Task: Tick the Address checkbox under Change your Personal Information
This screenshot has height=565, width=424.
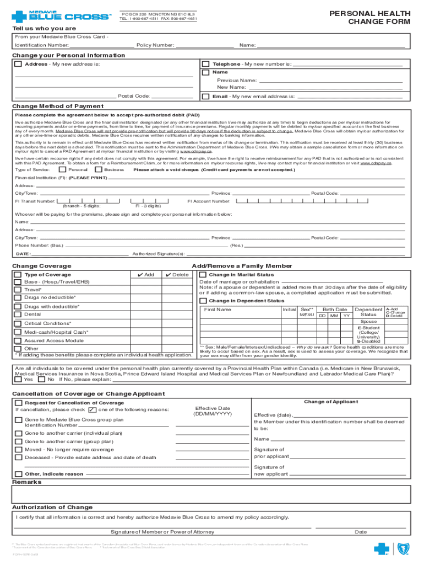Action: [x=18, y=64]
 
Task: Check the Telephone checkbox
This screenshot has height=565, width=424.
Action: [x=205, y=64]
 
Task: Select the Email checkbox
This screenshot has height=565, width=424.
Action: [x=205, y=96]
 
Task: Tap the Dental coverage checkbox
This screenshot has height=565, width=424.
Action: [x=18, y=315]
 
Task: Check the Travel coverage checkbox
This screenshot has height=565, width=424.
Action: [x=18, y=290]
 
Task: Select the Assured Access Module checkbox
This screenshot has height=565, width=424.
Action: [x=18, y=340]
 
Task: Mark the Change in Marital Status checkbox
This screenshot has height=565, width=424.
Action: [x=203, y=275]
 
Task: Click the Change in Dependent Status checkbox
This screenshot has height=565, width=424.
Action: [x=203, y=301]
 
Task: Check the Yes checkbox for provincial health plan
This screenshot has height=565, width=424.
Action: [x=18, y=380]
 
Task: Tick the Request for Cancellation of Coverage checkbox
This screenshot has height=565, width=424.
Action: [x=18, y=402]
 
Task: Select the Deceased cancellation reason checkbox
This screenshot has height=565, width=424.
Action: [x=18, y=457]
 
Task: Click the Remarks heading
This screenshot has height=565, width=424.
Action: [x=27, y=482]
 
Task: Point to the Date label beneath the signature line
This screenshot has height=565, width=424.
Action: [x=361, y=532]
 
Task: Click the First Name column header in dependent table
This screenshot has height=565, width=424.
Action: [x=218, y=310]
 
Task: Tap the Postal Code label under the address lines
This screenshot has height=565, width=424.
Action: [x=134, y=96]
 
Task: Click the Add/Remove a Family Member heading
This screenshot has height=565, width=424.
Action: [x=242, y=266]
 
